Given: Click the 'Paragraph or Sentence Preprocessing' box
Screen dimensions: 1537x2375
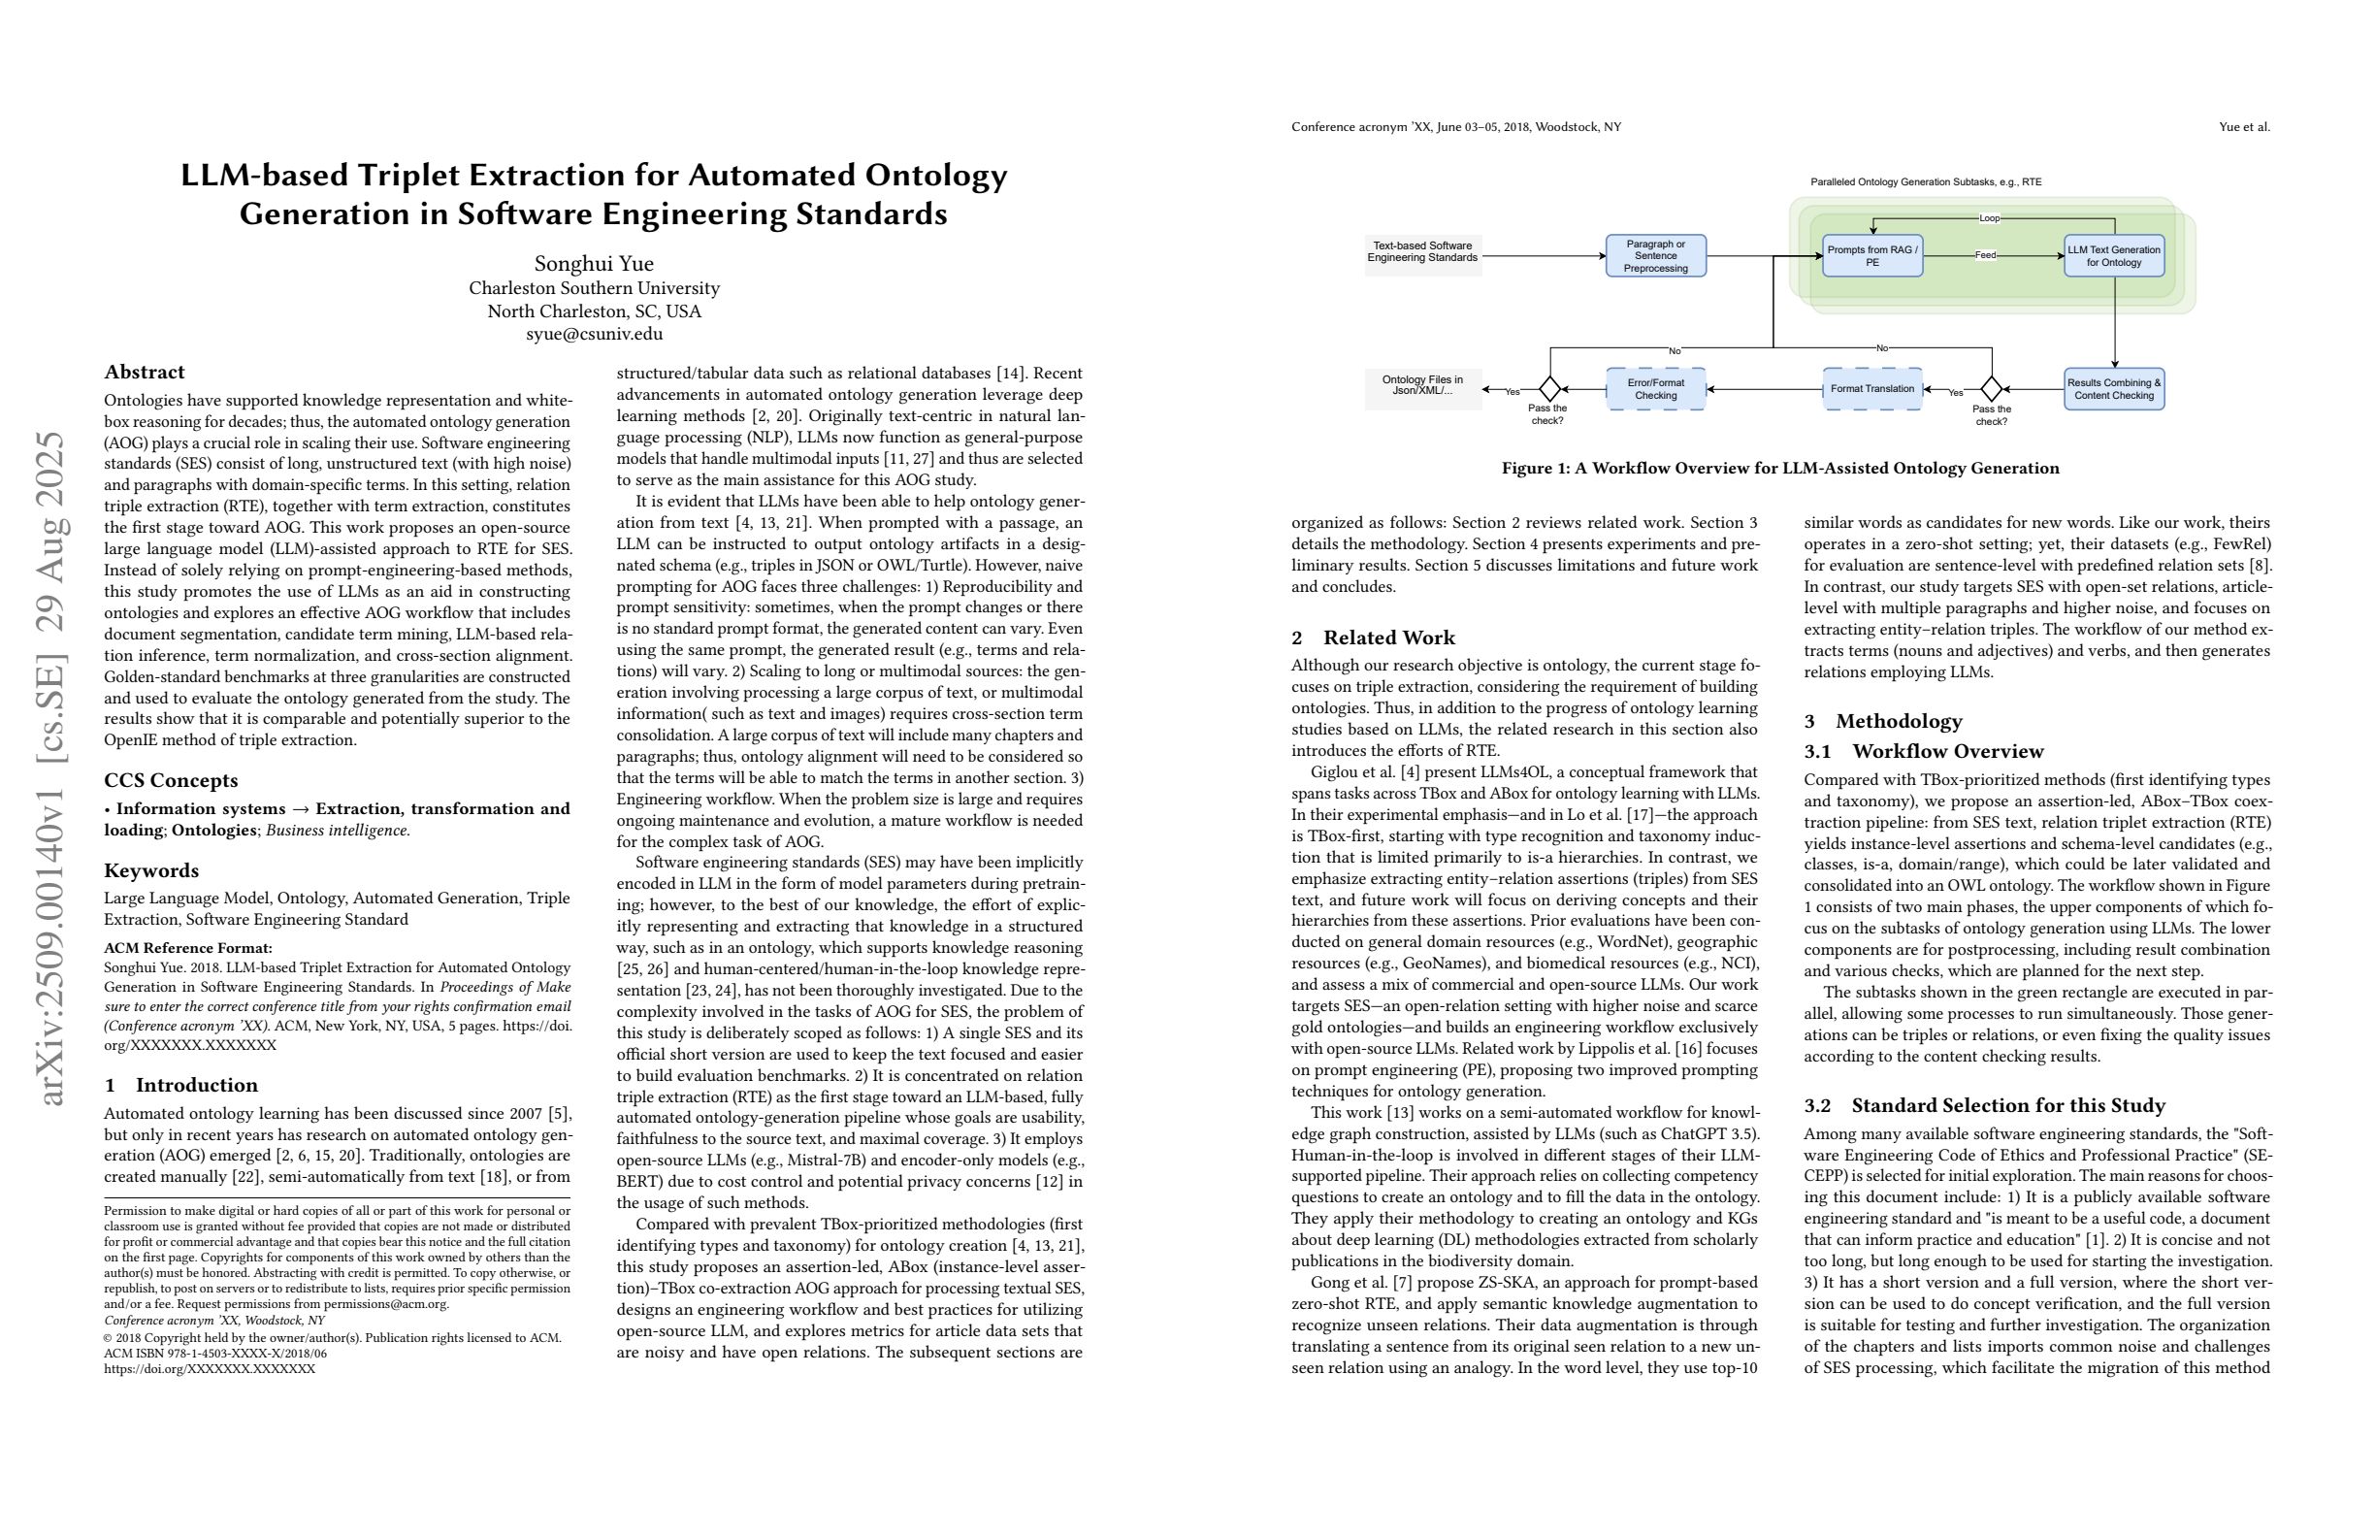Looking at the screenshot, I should [1655, 256].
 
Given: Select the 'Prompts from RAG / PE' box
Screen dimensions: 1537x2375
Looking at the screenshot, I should [1872, 256].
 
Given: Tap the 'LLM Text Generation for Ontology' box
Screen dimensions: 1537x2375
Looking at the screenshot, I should [2114, 256].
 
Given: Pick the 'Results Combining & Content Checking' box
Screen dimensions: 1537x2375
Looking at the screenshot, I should [2114, 389].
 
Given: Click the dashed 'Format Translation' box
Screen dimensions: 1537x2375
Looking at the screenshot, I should [1872, 389].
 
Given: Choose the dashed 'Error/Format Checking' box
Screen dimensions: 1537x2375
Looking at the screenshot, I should [1655, 389].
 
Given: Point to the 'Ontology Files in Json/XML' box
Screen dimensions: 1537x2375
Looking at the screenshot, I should [1422, 386].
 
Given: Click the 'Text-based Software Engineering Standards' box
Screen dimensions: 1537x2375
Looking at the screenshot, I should [1422, 252].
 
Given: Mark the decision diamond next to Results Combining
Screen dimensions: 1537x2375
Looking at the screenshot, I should [1992, 389].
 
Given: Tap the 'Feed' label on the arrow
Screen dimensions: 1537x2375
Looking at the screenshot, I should [1985, 255].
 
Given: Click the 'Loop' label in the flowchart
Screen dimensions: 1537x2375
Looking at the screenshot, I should [1989, 218].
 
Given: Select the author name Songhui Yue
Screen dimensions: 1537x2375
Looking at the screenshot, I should [594, 264].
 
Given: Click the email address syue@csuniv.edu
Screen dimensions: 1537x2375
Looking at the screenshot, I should [594, 335].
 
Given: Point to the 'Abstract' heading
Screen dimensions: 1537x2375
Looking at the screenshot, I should [145, 373].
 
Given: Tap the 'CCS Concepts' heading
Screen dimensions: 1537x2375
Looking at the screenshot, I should [171, 780].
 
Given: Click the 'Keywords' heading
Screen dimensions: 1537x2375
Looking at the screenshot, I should [151, 870].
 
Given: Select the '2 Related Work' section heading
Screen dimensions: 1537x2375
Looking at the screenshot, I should [1373, 638].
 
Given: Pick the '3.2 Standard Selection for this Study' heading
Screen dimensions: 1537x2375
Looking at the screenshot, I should [1984, 1105].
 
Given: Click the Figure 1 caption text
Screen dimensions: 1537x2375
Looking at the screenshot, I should [1780, 468].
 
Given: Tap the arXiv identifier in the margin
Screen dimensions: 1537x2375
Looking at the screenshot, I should [51, 768].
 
